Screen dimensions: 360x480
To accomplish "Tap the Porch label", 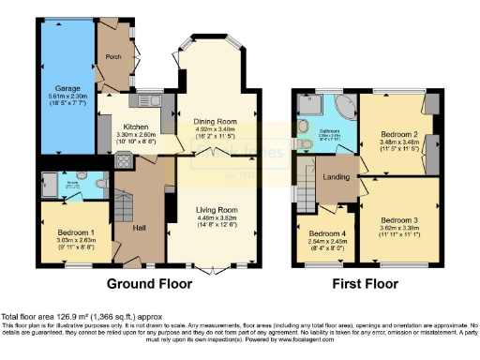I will point(114,55).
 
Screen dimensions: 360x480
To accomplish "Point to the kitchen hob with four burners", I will point(122,159).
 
